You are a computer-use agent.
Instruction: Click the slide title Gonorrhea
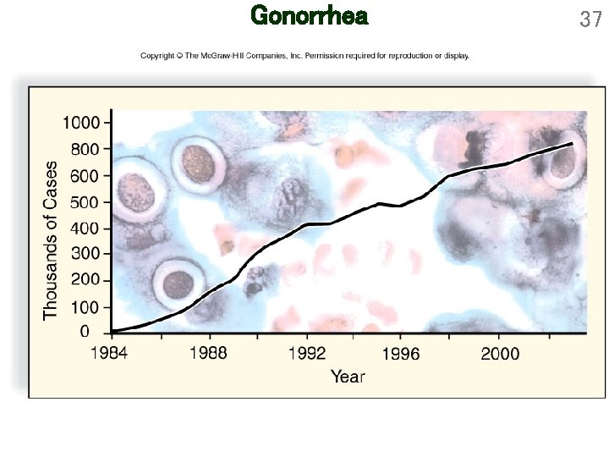pyautogui.click(x=310, y=16)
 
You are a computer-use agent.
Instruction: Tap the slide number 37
pyautogui.click(x=590, y=19)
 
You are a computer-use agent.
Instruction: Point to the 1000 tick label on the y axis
pyautogui.click(x=81, y=122)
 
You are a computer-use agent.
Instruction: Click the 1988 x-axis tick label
pyautogui.click(x=206, y=353)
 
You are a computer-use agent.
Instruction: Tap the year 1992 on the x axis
pyautogui.click(x=303, y=353)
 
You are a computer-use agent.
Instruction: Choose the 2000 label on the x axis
pyautogui.click(x=497, y=353)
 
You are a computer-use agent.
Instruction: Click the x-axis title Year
pyautogui.click(x=348, y=377)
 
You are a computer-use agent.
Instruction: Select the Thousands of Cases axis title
pyautogui.click(x=52, y=240)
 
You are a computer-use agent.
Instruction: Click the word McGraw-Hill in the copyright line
pyautogui.click(x=222, y=56)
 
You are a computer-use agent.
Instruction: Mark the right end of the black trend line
pyautogui.click(x=573, y=144)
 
